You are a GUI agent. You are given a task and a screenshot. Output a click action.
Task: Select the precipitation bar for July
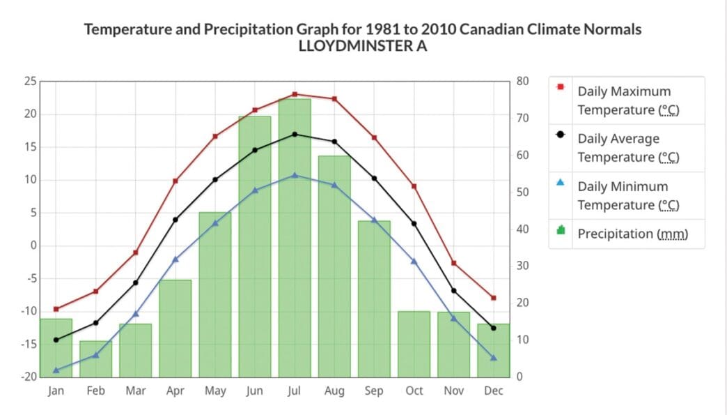[295, 237]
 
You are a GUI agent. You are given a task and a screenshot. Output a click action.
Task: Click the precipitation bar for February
[95, 359]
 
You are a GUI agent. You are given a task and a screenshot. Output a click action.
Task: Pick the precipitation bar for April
[175, 328]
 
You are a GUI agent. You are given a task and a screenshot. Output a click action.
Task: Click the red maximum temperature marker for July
[295, 94]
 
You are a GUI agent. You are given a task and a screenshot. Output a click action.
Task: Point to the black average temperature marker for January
[56, 340]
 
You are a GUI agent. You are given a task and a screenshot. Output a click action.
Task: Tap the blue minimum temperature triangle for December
[494, 358]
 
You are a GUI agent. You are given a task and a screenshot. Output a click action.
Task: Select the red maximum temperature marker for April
[175, 181]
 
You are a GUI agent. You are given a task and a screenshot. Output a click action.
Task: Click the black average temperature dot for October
[414, 223]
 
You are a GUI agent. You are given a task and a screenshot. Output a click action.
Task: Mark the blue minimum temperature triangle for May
[215, 223]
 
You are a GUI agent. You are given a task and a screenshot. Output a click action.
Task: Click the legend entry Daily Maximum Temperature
[624, 100]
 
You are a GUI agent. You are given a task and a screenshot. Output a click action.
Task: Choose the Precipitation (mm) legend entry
[632, 234]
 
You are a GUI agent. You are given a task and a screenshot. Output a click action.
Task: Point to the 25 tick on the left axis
[30, 81]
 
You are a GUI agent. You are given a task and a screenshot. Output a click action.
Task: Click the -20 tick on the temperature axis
[28, 377]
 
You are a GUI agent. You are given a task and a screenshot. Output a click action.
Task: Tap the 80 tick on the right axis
[524, 81]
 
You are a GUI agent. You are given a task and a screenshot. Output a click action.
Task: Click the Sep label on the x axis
[374, 391]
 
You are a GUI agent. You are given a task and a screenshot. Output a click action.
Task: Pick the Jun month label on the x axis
[255, 391]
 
